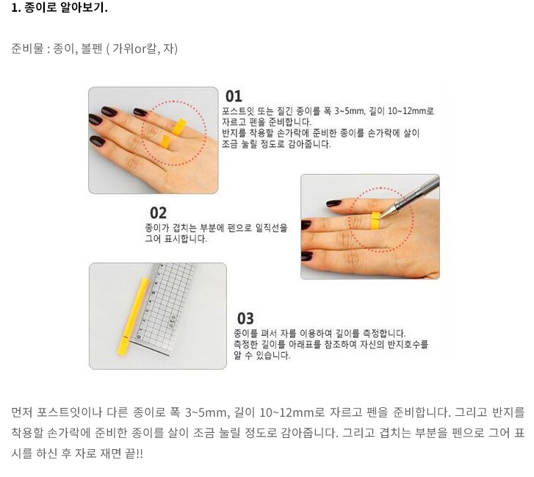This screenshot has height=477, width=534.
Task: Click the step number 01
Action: tap(234, 96)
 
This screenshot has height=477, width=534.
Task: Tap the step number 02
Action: tap(158, 213)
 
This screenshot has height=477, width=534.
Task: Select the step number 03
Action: tap(245, 319)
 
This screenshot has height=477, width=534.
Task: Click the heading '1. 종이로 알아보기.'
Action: tap(59, 7)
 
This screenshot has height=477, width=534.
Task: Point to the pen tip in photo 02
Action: tap(380, 218)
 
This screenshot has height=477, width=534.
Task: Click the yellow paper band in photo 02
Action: tap(375, 220)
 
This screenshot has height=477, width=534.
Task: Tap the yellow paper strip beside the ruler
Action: tap(134, 316)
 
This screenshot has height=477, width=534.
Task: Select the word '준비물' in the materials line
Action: tap(27, 49)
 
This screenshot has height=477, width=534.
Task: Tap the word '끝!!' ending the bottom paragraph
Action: tap(134, 453)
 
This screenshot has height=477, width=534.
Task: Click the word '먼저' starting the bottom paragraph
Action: tap(22, 412)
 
